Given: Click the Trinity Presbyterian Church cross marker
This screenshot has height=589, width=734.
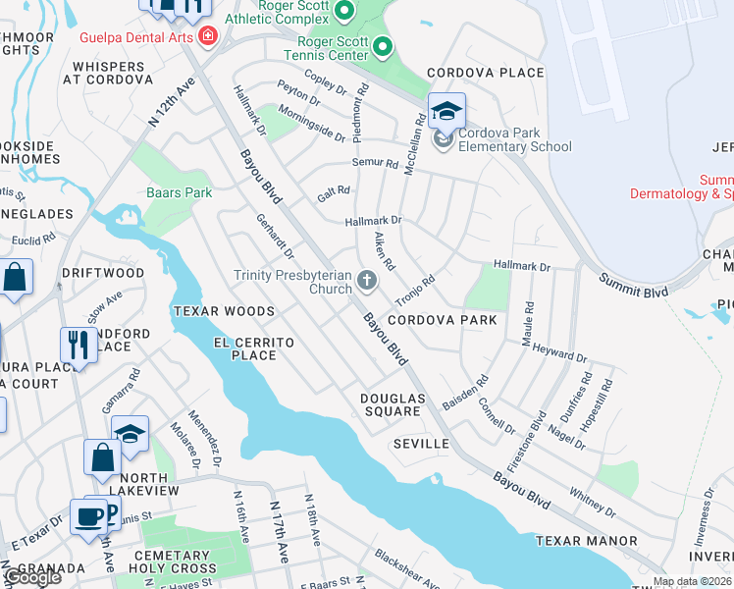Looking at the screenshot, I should click(367, 282).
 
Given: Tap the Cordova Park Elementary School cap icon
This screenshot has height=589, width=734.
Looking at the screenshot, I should click(446, 111).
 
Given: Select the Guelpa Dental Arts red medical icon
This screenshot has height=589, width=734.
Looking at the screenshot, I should click(207, 37).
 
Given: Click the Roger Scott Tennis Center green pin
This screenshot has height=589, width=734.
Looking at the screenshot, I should click(383, 46).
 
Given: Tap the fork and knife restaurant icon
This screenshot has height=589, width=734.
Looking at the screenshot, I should click(77, 345).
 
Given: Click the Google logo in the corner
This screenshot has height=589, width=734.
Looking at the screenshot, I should click(31, 577).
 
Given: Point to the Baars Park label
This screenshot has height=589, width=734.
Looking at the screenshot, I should click(180, 193).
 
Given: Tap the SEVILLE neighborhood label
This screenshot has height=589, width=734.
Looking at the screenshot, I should click(421, 444).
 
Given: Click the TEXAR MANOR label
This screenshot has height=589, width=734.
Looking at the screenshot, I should click(579, 541).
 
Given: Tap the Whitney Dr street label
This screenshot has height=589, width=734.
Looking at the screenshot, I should click(592, 502).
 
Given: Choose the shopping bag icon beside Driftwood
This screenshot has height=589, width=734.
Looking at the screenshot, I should click(17, 278).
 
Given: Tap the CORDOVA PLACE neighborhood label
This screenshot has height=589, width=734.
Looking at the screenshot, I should click(485, 73).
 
